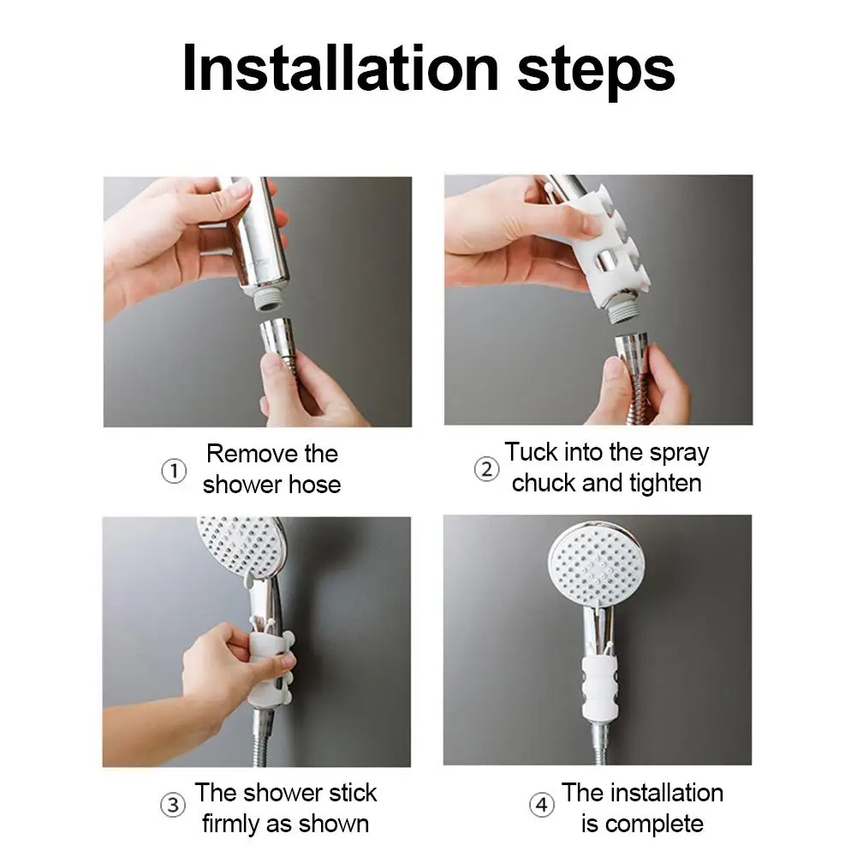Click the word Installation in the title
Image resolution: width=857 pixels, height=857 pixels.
click(x=341, y=68)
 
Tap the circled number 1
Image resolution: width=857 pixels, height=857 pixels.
click(x=174, y=471)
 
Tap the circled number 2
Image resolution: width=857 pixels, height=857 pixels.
click(x=486, y=469)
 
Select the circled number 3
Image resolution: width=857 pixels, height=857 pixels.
click(x=173, y=805)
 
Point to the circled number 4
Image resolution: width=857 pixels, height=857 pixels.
click(x=542, y=805)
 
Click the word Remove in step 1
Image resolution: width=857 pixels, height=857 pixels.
click(x=252, y=454)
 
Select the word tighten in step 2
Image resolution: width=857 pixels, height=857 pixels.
click(x=665, y=484)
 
